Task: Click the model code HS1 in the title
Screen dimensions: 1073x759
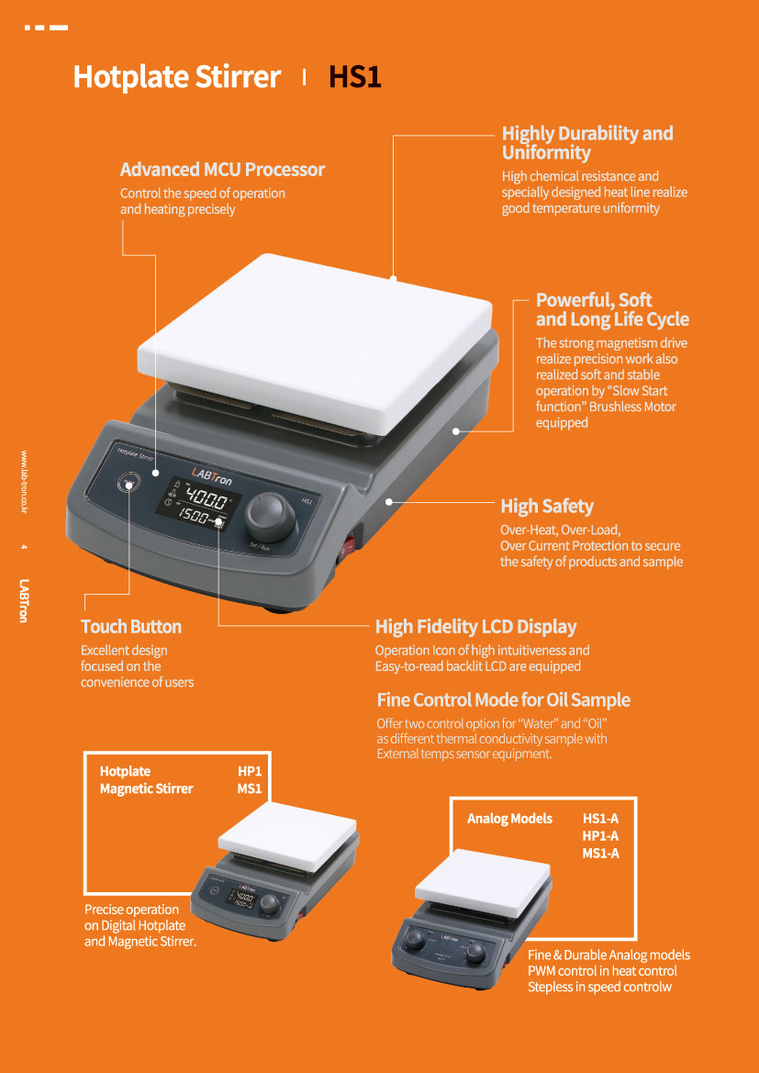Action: pyautogui.click(x=354, y=77)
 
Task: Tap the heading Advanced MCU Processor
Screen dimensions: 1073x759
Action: pyautogui.click(x=222, y=170)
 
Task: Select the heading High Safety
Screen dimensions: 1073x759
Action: pyautogui.click(x=547, y=507)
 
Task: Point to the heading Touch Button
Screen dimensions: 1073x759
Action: pyautogui.click(x=131, y=627)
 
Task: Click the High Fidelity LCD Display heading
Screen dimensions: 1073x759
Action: pyautogui.click(x=475, y=627)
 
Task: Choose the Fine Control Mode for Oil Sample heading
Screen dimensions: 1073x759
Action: pyautogui.click(x=503, y=700)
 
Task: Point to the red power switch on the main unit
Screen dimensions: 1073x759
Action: pyautogui.click(x=346, y=551)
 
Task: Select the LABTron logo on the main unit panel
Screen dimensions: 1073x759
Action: pyautogui.click(x=213, y=470)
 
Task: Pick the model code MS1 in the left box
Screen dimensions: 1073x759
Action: pyautogui.click(x=250, y=788)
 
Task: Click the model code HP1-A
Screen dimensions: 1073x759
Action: pyautogui.click(x=600, y=836)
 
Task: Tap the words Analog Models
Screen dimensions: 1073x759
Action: pyautogui.click(x=509, y=819)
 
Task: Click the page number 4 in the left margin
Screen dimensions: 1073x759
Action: pyautogui.click(x=24, y=548)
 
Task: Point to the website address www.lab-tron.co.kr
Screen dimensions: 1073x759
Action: pyautogui.click(x=24, y=482)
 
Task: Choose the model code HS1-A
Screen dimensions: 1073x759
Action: pyautogui.click(x=600, y=819)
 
